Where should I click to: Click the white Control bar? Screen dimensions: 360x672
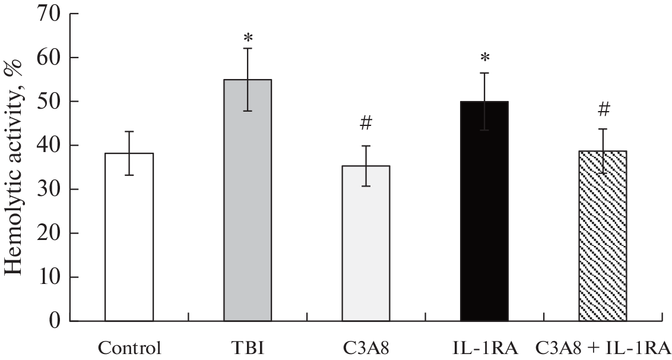point(129,238)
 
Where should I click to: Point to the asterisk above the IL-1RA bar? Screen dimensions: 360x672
point(484,58)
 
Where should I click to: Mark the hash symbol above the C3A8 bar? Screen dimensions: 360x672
point(366,123)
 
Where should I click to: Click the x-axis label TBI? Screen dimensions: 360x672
point(248,346)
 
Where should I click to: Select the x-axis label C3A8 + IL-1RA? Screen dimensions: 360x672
point(603,346)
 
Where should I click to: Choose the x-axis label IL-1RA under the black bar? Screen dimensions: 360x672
point(484,346)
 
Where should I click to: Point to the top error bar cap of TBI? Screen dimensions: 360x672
point(248,48)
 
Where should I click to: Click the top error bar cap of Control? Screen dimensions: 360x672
point(129,131)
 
